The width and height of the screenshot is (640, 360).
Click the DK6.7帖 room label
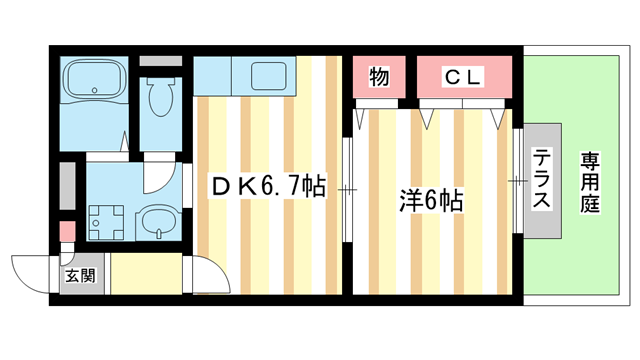[266, 187]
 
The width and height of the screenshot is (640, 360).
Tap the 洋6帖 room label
[430, 200]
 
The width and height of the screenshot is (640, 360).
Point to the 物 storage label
[378, 76]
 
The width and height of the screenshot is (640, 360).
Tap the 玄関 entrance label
[80, 276]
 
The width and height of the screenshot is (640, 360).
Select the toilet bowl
[158, 99]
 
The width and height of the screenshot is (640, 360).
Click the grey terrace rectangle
[540, 180]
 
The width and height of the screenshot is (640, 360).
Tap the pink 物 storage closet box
[378, 76]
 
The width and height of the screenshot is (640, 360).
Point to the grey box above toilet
[160, 60]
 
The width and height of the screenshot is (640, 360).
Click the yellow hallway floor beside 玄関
[146, 276]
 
